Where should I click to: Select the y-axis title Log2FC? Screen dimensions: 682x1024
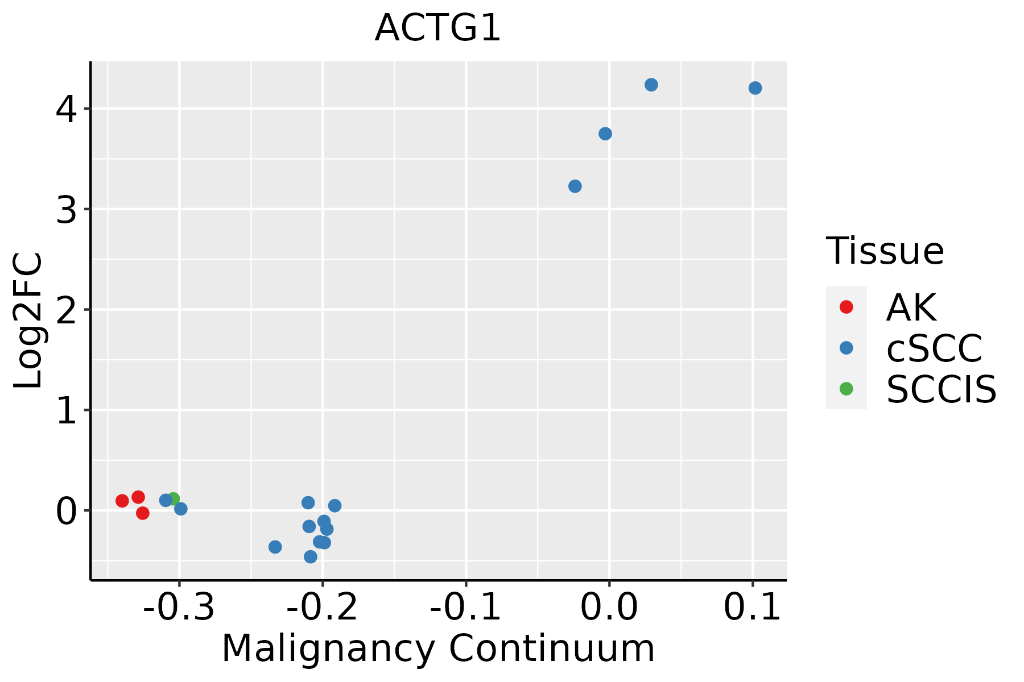(x=28, y=320)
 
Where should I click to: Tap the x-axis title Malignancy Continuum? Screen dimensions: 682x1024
(x=437, y=648)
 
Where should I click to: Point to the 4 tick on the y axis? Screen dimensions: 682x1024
(x=67, y=109)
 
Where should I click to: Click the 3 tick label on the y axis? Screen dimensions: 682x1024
(x=67, y=210)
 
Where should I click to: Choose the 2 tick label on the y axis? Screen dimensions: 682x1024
(x=67, y=310)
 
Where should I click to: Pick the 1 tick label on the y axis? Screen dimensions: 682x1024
(x=67, y=410)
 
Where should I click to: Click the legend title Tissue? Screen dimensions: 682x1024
(x=885, y=251)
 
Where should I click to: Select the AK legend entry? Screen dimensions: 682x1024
(x=910, y=307)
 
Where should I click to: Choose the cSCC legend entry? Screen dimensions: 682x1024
(x=934, y=348)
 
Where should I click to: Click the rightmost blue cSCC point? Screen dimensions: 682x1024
(x=755, y=88)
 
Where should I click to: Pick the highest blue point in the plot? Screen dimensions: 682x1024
(x=651, y=85)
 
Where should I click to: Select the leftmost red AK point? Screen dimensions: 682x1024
(x=122, y=501)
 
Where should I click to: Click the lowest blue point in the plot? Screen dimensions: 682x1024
(x=311, y=556)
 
